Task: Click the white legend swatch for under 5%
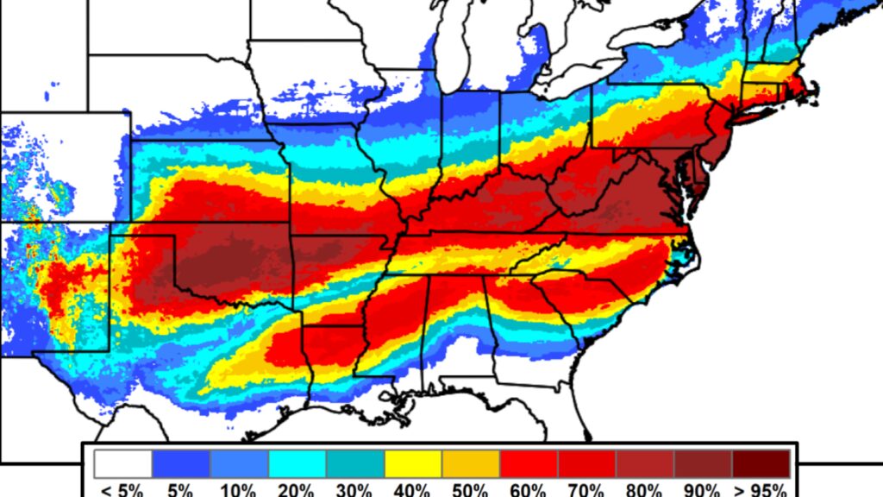[123, 463]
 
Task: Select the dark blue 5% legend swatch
[181, 463]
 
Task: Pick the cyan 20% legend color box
[297, 463]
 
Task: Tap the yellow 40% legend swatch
[413, 463]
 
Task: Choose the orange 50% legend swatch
[471, 463]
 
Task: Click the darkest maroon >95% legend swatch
[761, 463]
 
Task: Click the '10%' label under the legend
[239, 490]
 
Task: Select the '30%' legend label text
[354, 490]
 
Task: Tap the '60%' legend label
[529, 490]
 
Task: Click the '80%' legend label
[644, 490]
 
